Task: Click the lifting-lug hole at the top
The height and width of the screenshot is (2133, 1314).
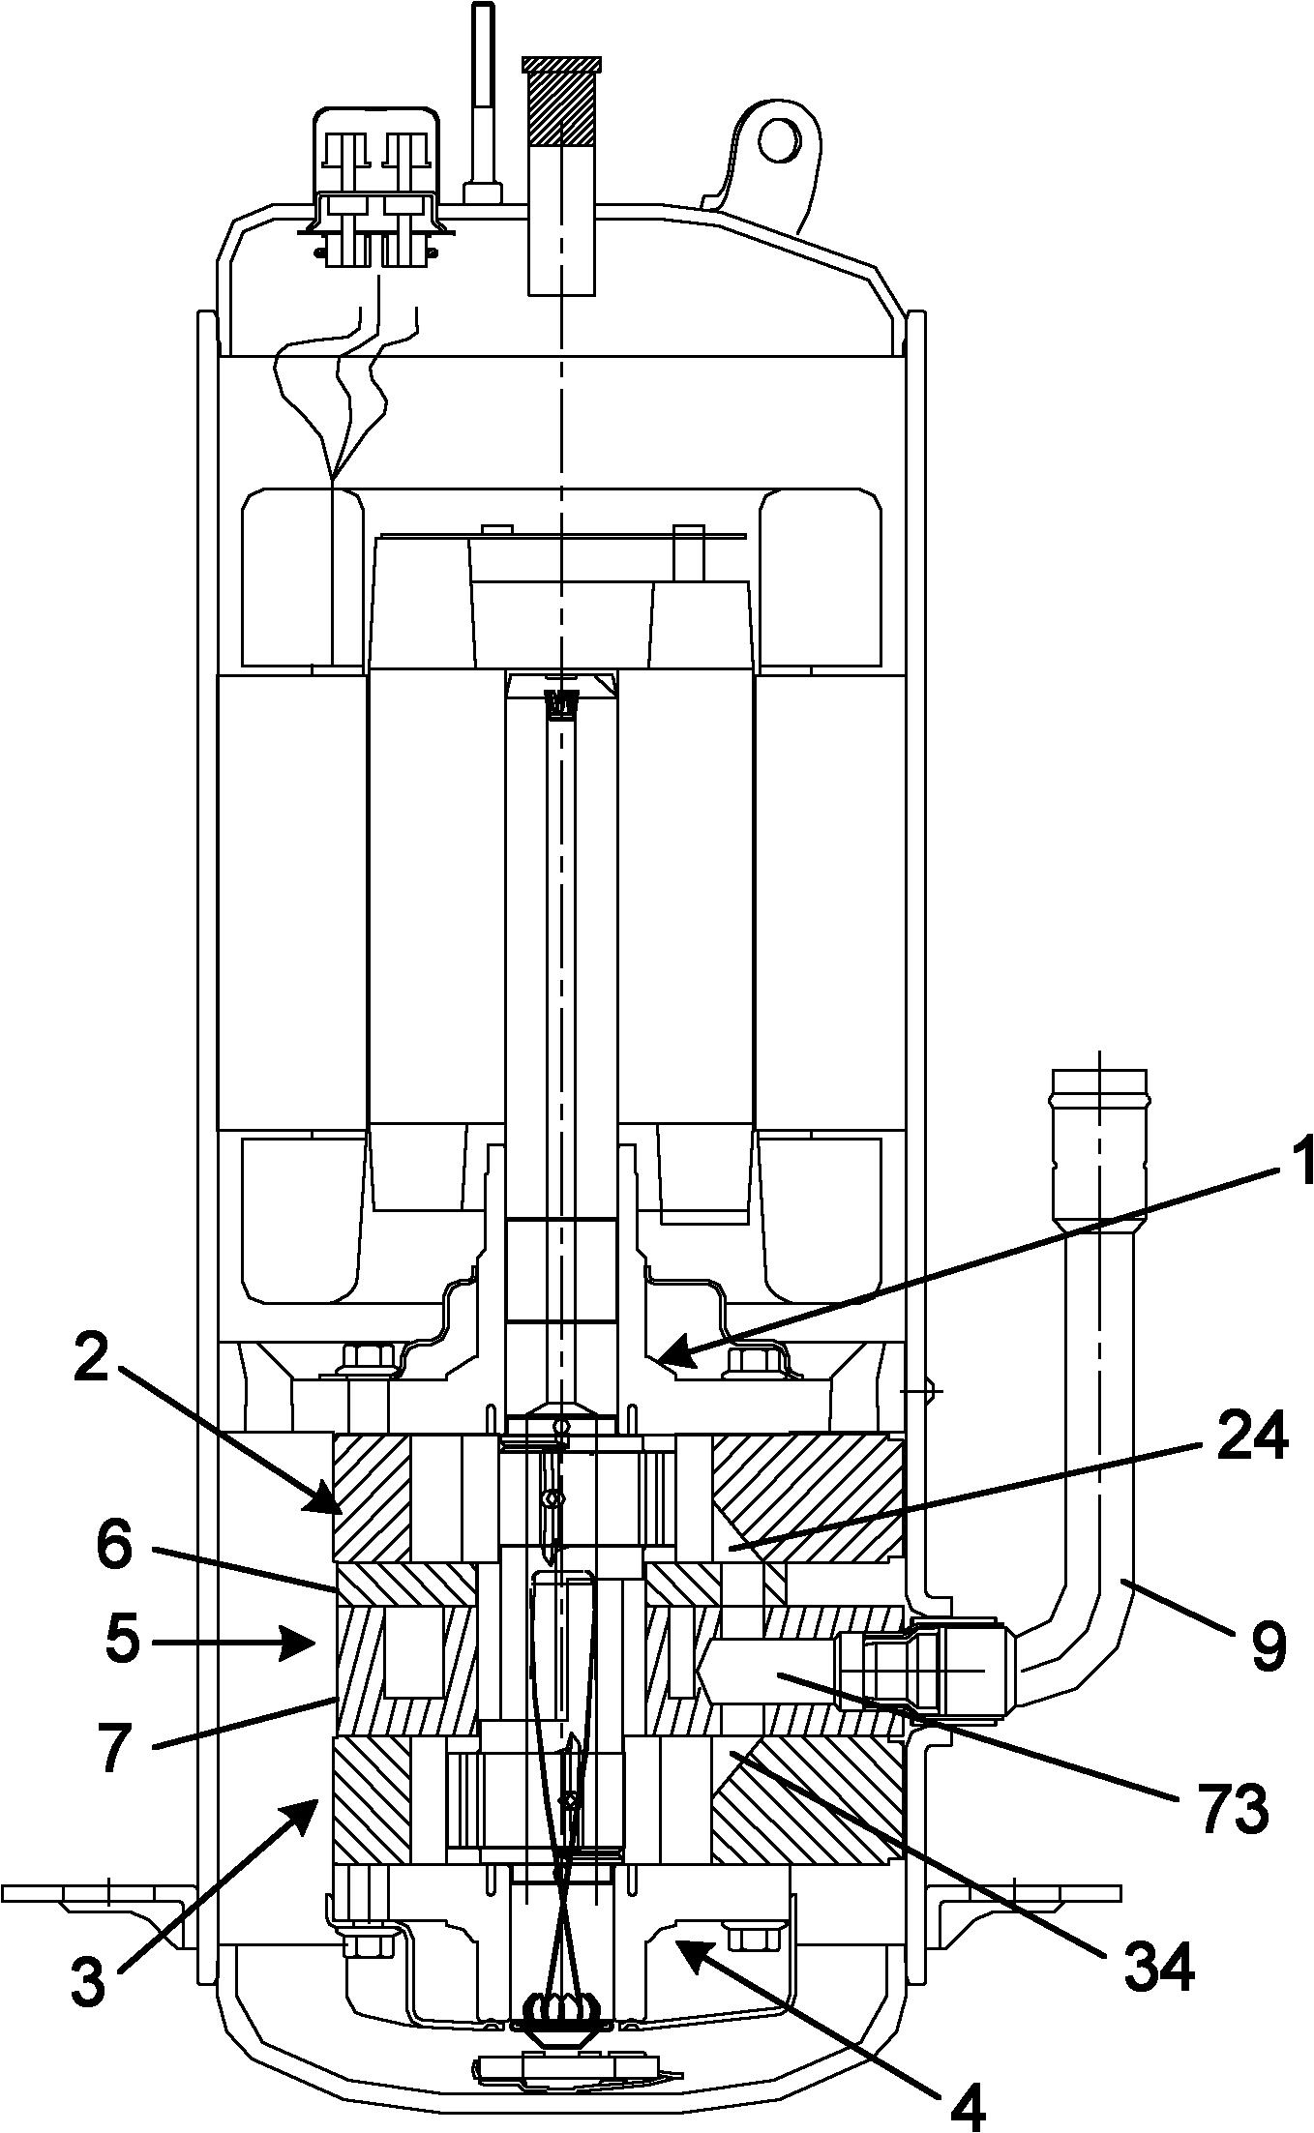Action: (779, 142)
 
